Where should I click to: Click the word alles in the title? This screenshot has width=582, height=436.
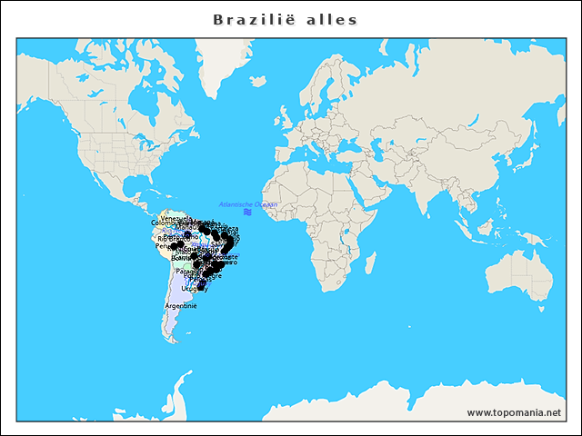click(x=331, y=20)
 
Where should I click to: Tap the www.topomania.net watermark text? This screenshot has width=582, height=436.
click(x=514, y=412)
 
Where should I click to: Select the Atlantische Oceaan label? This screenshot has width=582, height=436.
click(x=248, y=204)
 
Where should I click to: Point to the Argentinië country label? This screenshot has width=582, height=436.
click(x=180, y=306)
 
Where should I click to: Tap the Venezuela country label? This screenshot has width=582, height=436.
click(x=176, y=219)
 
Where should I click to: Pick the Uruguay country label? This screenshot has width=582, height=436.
click(x=194, y=289)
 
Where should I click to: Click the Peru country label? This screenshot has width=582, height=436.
click(x=163, y=246)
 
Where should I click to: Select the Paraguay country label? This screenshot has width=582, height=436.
click(x=189, y=271)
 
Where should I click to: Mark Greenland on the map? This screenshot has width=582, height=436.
click(x=223, y=64)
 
